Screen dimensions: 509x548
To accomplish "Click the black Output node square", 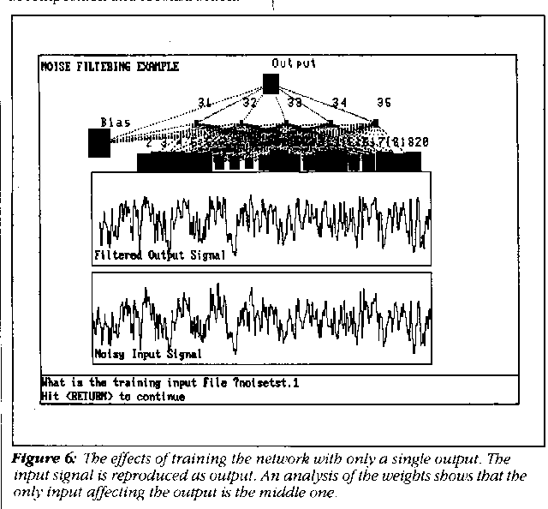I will pyautogui.click(x=271, y=83).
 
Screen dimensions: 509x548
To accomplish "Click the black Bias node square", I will pyautogui.click(x=99, y=143).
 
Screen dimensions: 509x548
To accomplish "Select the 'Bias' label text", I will pyautogui.click(x=116, y=123).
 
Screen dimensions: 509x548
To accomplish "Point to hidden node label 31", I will pyautogui.click(x=205, y=103).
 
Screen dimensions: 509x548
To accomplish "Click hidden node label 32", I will pyautogui.click(x=250, y=103).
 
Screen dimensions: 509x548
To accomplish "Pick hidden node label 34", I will pyautogui.click(x=340, y=103).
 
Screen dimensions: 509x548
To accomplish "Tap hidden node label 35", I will pyautogui.click(x=384, y=103).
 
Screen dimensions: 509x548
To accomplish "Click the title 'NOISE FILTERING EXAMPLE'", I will pyautogui.click(x=110, y=68).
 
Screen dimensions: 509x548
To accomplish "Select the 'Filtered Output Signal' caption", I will pyautogui.click(x=162, y=255).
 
